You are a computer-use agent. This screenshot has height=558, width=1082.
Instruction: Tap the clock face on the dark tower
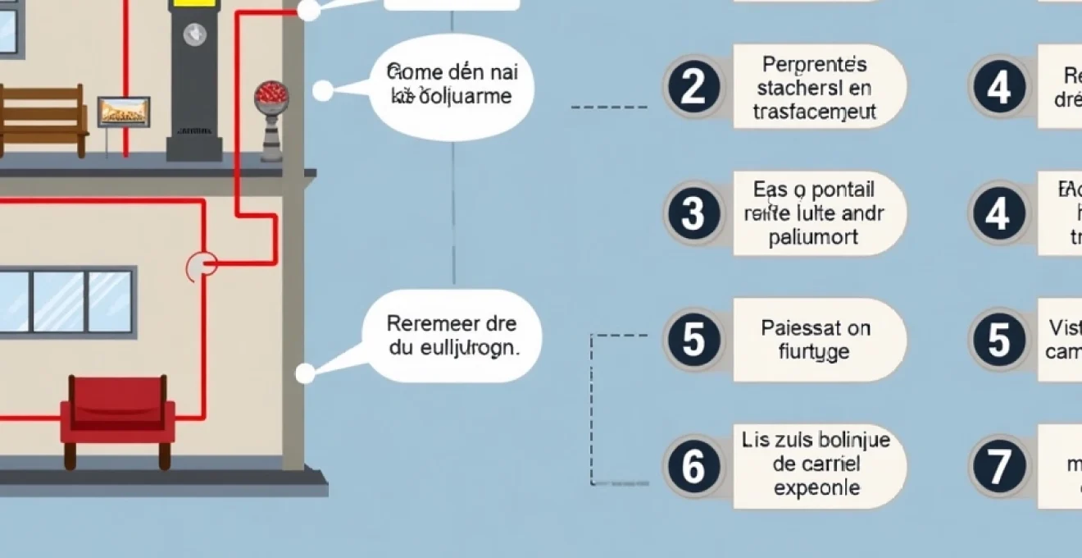[194, 34]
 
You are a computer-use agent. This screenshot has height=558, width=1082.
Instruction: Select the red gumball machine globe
[271, 94]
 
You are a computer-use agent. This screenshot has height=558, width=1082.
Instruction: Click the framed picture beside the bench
[124, 112]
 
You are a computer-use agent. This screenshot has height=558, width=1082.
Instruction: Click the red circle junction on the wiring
[202, 264]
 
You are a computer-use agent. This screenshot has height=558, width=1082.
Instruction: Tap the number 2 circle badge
[693, 87]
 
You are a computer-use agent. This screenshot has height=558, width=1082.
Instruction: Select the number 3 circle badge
[693, 213]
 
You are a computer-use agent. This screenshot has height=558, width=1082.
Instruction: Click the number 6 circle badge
[693, 466]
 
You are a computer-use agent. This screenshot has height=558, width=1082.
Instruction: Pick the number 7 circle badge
[998, 466]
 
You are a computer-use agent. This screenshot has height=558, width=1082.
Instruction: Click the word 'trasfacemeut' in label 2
[814, 112]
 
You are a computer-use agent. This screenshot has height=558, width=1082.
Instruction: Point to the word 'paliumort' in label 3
[814, 238]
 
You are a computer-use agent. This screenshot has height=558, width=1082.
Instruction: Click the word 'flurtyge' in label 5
[814, 353]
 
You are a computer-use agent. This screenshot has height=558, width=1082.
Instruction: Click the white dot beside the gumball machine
[323, 90]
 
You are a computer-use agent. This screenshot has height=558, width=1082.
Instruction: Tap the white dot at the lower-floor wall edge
[305, 374]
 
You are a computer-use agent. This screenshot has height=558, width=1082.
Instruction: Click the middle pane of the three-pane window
[57, 301]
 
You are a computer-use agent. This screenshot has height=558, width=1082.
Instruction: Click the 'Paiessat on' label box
[819, 340]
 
